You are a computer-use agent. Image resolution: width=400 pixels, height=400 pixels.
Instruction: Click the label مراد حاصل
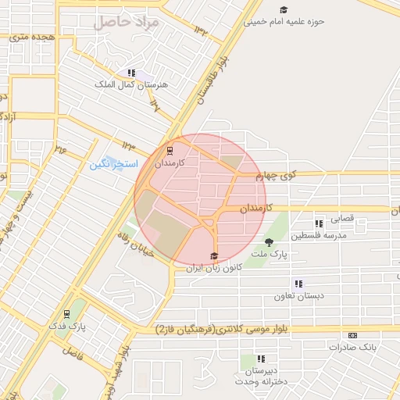[126, 23]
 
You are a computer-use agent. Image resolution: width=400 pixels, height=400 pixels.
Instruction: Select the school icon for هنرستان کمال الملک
[131, 73]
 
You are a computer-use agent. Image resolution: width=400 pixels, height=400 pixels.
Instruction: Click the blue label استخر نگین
[113, 165]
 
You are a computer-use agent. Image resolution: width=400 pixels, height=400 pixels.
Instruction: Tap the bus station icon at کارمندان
[170, 152]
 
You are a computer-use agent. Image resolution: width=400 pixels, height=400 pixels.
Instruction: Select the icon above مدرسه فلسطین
[318, 223]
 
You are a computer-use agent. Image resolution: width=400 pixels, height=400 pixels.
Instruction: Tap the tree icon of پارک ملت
[270, 242]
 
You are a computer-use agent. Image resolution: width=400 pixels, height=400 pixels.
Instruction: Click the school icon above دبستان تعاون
[298, 284]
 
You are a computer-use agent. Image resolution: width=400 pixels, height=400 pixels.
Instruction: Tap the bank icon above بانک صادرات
[353, 334]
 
